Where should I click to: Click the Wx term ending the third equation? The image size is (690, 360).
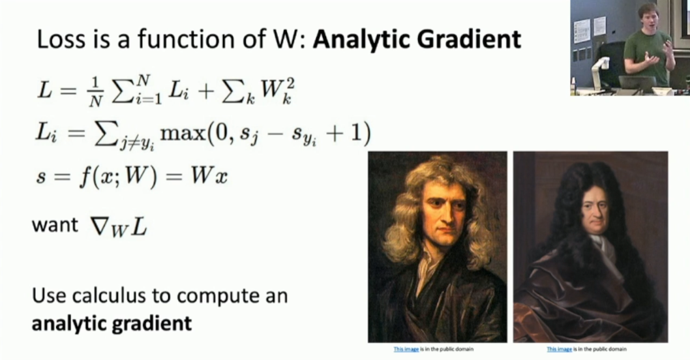click(209, 176)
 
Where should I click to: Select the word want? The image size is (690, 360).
click(55, 225)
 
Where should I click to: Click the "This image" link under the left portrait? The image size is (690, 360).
click(406, 349)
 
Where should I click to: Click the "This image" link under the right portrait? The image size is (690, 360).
click(560, 349)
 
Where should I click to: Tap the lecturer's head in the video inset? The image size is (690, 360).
click(646, 17)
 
